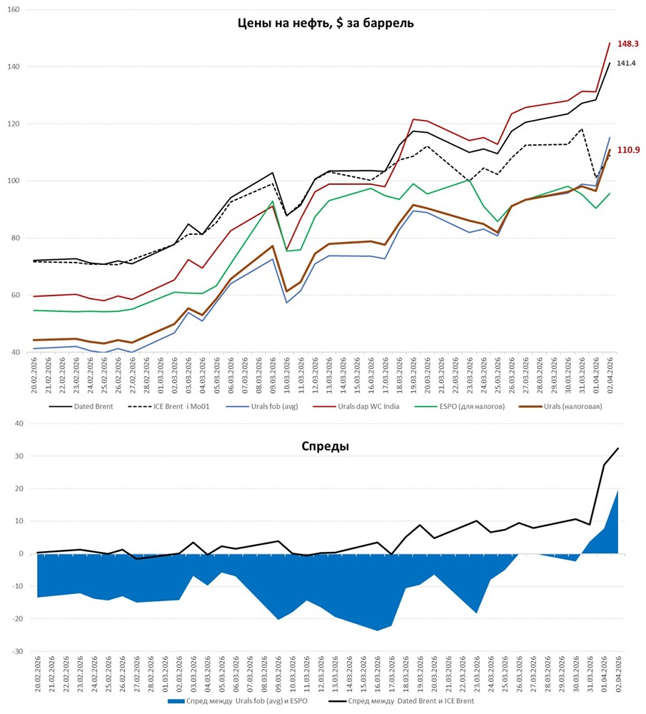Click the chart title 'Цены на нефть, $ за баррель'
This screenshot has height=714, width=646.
[325, 23]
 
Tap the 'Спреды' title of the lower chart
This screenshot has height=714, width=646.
[325, 446]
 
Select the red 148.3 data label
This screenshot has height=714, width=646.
[627, 44]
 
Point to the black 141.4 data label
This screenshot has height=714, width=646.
[626, 64]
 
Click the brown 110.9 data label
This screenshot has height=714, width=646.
[627, 150]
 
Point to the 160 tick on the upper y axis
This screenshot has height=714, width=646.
[13, 10]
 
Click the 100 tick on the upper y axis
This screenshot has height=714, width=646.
[13, 181]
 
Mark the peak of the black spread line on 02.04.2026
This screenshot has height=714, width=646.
[617, 448]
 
